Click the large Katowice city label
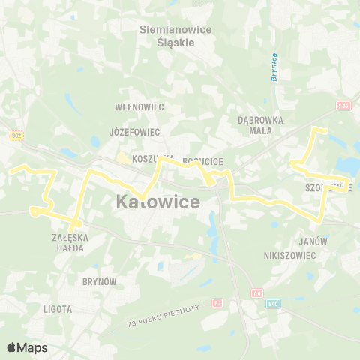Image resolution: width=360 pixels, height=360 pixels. pos(158,202)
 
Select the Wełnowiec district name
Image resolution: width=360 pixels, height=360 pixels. pos(139,107)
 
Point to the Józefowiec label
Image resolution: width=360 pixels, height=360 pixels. pos(135,131)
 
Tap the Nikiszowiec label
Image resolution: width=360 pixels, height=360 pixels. pos(291,255)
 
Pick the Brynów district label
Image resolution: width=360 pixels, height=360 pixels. pos(100,280)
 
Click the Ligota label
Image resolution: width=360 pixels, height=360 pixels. pos(58,308)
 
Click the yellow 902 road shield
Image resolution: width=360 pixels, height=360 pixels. pos(16,136)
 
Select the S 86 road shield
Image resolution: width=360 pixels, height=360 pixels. pos(343,106)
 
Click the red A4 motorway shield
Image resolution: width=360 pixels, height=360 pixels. pos(256,292)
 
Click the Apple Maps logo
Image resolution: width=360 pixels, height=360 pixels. pos(27,347)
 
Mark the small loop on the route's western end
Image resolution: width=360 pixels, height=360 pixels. pos(34,212)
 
